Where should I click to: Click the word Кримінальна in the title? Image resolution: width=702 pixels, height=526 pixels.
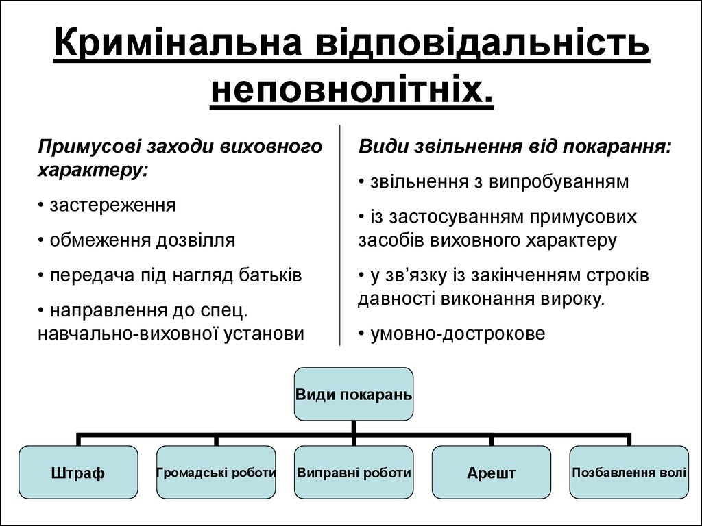coord(178,42)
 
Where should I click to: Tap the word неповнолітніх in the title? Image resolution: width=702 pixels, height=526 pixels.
coord(352,89)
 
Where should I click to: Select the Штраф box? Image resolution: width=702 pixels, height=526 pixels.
coord(78,473)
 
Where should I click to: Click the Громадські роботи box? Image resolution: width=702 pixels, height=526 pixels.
coord(216,473)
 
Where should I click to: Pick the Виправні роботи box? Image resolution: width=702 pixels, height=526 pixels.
coord(354,473)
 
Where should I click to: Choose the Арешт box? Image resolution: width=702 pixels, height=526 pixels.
coord(491,473)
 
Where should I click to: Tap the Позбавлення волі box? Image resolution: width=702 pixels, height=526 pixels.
coord(629,473)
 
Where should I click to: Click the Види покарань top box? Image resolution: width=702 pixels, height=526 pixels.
coord(354,394)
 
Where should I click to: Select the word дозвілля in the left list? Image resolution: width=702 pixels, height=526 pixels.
coord(195,240)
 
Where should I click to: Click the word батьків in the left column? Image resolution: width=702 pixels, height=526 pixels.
coord(270,275)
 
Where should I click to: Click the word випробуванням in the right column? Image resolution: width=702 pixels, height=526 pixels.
coord(559,182)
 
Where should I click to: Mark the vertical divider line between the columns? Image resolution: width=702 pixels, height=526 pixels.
coord(340,235)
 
